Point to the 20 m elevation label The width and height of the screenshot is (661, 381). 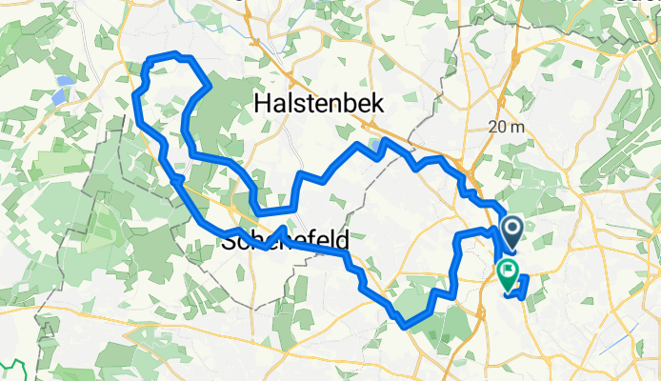(505, 127)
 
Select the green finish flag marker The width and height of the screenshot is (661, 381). (508, 275)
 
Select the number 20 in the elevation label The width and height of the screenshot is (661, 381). (496, 127)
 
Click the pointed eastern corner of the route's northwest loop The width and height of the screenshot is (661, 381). (209, 86)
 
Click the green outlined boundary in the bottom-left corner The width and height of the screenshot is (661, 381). (13, 367)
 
